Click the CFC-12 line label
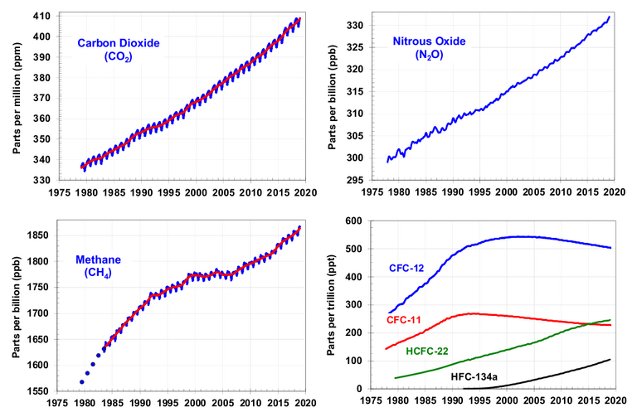point(407,268)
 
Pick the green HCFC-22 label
point(429,351)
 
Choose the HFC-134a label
point(474,376)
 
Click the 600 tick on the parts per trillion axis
point(357,221)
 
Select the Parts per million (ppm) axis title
point(16,98)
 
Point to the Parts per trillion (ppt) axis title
point(332,304)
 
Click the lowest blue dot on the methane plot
point(82,381)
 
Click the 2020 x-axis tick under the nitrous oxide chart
point(614,192)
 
